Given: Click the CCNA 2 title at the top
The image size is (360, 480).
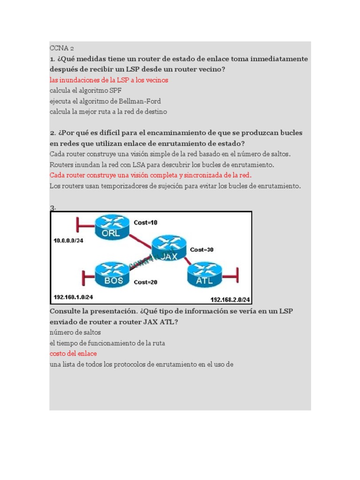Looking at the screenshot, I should point(62,48).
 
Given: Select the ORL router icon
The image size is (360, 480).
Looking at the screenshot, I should point(111,227).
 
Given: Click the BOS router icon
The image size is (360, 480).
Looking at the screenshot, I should point(111,275).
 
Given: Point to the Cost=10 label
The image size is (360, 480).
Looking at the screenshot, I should point(146,223).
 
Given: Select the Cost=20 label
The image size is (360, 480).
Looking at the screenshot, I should point(146,282).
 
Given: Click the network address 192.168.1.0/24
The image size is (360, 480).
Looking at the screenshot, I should point(74,297).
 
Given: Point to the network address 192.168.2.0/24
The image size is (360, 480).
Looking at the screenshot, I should point(230,300).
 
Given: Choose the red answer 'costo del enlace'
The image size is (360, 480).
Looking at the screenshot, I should point(73,353).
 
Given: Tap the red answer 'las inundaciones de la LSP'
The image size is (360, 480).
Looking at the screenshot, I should point(109,80).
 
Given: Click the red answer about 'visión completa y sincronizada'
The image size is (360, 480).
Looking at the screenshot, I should point(150,175).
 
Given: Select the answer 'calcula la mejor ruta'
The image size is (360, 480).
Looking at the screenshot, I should point(108,112).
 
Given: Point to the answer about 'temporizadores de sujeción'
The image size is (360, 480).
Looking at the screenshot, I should point(175,186).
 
